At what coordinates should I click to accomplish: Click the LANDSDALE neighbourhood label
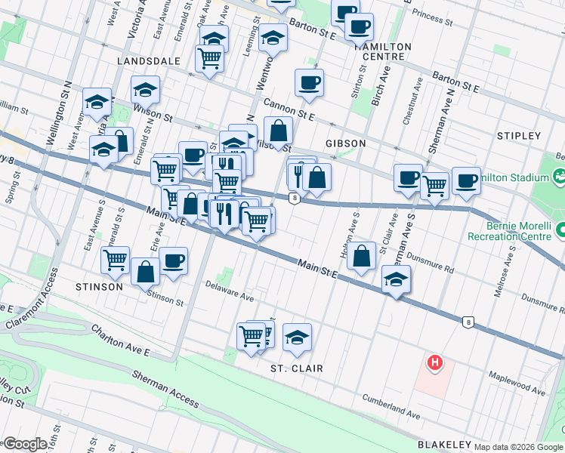(x=149, y=60)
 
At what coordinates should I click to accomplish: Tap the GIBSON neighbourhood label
(x=346, y=143)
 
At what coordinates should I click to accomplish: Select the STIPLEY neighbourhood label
(x=519, y=136)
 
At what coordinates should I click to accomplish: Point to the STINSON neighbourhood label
(x=99, y=287)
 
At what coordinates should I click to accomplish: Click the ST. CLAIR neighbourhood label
(x=297, y=368)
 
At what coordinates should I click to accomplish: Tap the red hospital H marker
(x=434, y=363)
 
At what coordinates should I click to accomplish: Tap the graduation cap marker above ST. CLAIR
(x=298, y=336)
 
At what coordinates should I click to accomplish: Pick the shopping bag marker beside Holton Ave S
(x=363, y=255)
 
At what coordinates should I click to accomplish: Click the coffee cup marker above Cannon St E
(x=308, y=82)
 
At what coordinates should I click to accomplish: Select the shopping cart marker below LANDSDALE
(x=209, y=57)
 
